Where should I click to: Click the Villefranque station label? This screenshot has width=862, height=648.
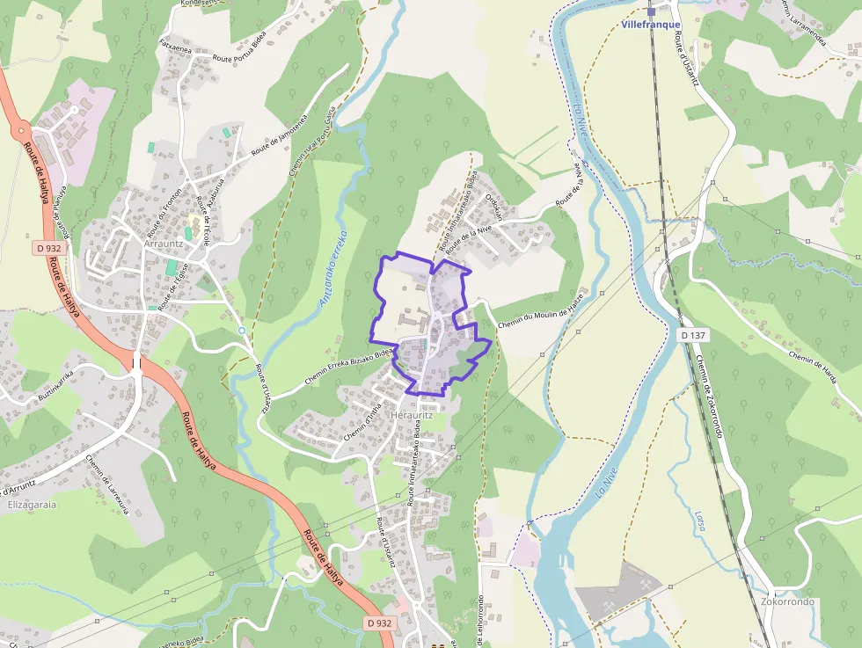click(651, 25)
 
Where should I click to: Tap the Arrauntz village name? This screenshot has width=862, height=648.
click(163, 244)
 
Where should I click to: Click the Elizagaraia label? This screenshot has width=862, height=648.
click(32, 506)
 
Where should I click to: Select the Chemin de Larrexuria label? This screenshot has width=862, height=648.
click(108, 484)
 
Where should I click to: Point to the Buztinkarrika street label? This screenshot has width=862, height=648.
click(55, 386)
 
